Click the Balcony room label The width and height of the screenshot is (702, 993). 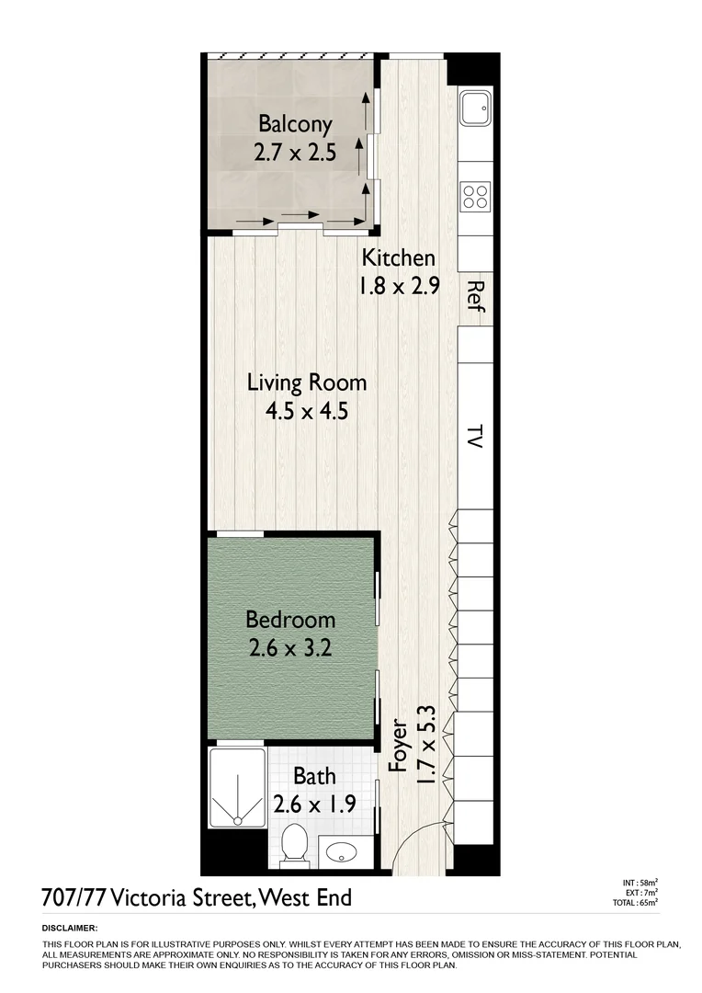pos(294,123)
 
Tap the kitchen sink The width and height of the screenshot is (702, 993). pos(475,109)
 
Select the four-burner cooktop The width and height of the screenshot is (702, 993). pos(475,196)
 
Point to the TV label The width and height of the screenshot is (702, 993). pos(475,436)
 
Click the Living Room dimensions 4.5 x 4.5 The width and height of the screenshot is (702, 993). pos(306,411)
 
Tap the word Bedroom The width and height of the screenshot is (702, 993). pos(289,620)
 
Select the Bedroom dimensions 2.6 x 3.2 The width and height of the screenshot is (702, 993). pos(289,648)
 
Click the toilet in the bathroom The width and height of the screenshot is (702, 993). pos(294,843)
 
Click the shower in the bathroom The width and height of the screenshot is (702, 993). pos(236,789)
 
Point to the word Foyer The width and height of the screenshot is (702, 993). pos(398,744)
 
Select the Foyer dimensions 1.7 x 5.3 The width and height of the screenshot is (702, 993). pos(425,744)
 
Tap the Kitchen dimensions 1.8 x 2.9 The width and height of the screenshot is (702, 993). pos(399,286)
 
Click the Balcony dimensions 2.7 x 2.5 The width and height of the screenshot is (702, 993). pos(294,152)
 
